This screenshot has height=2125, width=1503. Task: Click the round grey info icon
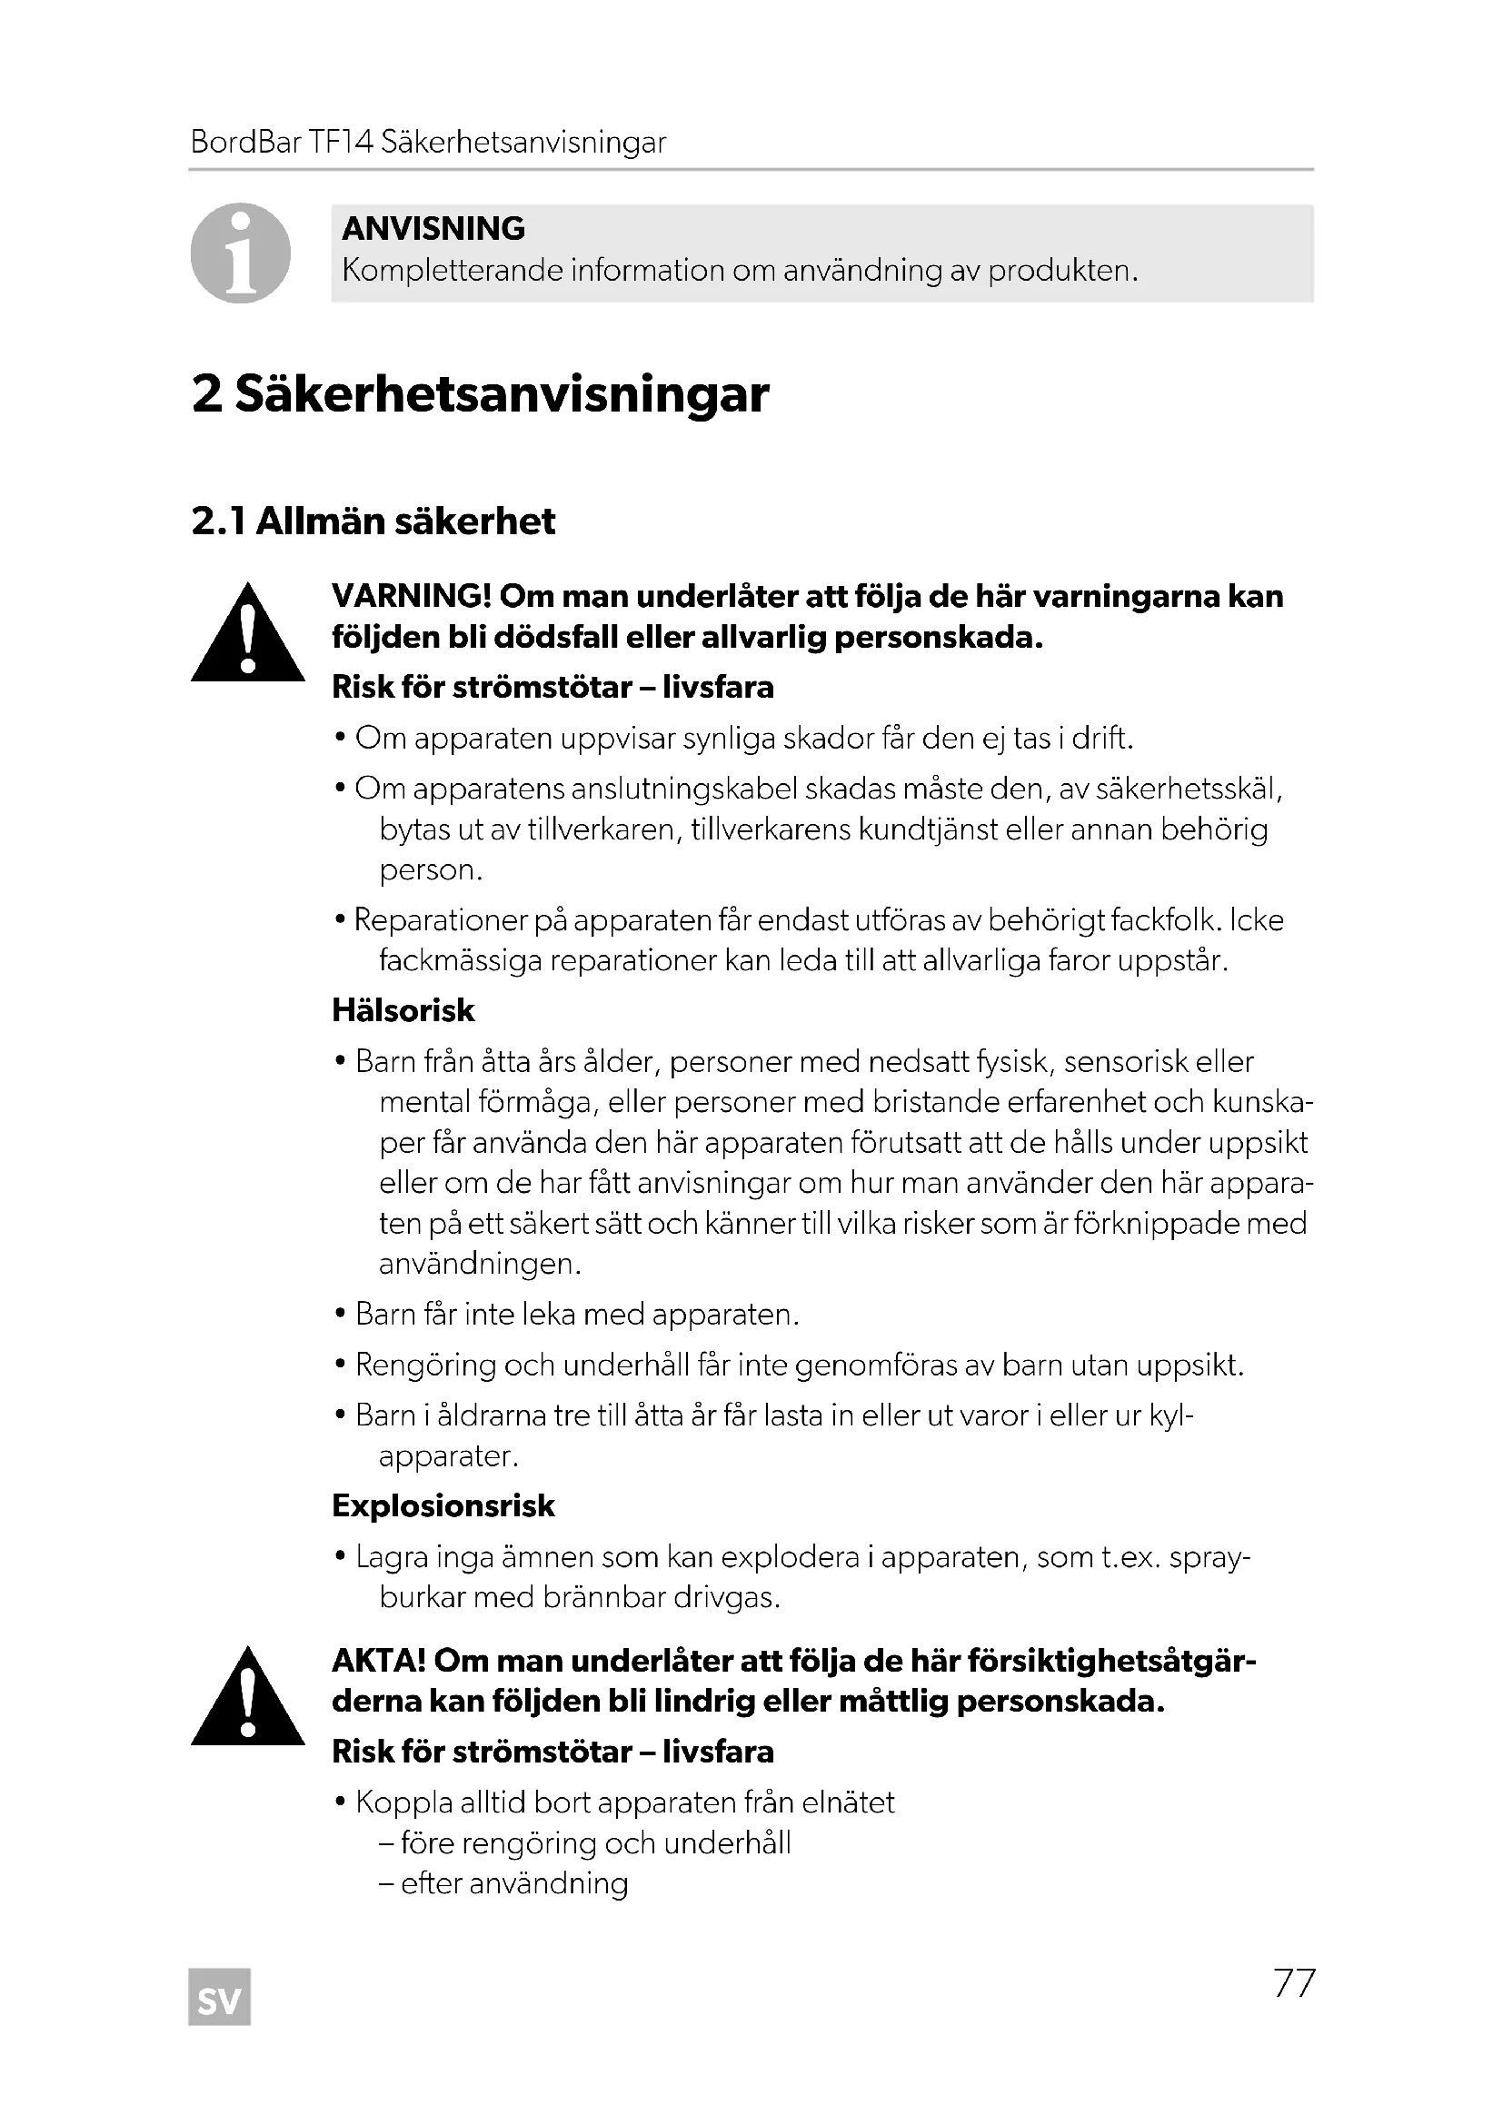point(241,253)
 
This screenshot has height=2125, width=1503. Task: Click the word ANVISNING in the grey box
point(433,229)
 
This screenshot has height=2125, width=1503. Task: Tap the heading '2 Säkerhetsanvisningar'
point(480,394)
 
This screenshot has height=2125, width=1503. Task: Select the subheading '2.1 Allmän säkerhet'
point(373,522)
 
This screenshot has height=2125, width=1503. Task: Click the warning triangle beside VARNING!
point(247,635)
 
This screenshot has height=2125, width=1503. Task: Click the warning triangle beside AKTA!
point(247,1699)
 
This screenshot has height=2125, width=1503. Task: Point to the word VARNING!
point(411,597)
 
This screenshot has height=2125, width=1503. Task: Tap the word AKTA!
point(378,1662)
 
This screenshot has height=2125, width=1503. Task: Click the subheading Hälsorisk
point(403,1010)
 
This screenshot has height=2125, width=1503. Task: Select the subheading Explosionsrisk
point(443,1505)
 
